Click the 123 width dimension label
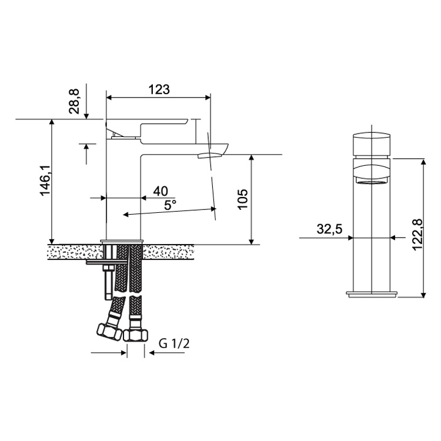tap(159, 89)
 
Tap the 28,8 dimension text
tap(74, 101)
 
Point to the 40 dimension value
tap(161, 191)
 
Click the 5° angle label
tap(171, 205)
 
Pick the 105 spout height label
tap(243, 199)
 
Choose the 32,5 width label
tap(329, 229)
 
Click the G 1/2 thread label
tap(174, 344)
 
